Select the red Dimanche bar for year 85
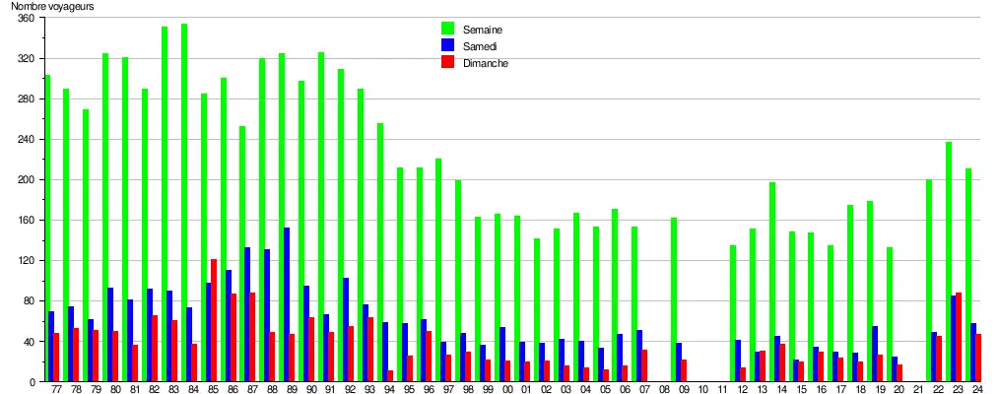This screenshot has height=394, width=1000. point(214,320)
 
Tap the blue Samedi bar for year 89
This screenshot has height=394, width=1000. point(287,304)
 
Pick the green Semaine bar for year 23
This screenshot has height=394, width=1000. point(949,261)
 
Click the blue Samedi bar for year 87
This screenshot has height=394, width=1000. point(247,314)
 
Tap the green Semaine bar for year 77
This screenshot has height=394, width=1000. point(47,228)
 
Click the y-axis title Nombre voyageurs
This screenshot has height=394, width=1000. point(53,7)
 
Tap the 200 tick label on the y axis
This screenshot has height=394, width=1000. point(26,180)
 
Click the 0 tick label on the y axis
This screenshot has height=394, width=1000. point(32,382)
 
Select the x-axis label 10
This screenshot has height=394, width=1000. point(703,391)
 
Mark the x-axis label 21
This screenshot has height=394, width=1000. point(919,391)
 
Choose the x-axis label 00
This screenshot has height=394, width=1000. point(507,391)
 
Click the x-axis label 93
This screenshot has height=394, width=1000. point(370,391)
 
